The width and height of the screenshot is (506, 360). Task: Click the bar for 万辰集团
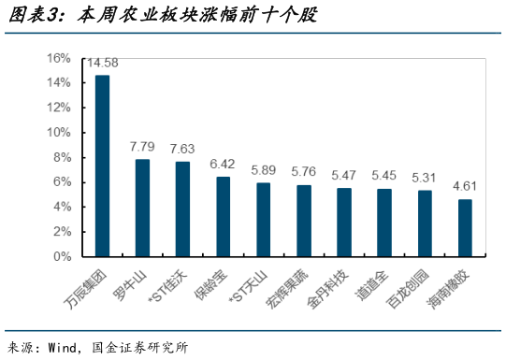tap(102, 166)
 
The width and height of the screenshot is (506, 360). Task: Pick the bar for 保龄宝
tap(223, 216)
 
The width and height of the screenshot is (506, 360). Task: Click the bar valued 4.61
tap(465, 227)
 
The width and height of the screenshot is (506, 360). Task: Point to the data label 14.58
tap(102, 64)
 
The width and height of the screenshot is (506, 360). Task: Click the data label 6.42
tap(223, 164)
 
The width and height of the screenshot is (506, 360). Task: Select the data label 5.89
tap(264, 170)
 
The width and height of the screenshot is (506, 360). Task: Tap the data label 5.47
tap(344, 175)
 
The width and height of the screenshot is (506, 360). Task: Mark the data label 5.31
tap(425, 177)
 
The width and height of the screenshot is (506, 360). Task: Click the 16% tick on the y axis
tap(60, 58)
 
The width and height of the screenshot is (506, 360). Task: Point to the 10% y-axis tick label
tap(60, 132)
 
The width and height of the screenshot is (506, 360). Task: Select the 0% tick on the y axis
tap(63, 255)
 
